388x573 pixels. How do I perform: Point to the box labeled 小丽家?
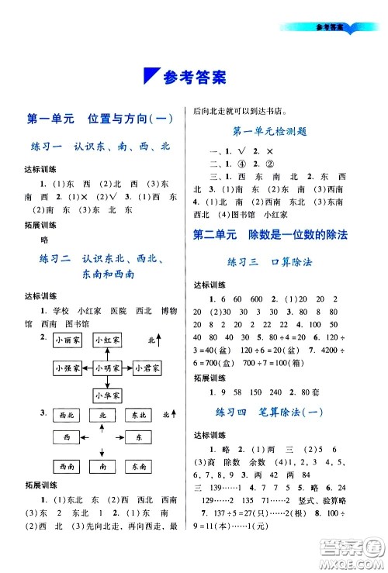click(x=68, y=340)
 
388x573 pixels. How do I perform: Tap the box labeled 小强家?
click(x=68, y=368)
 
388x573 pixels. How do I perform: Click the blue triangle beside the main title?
click(x=152, y=77)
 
